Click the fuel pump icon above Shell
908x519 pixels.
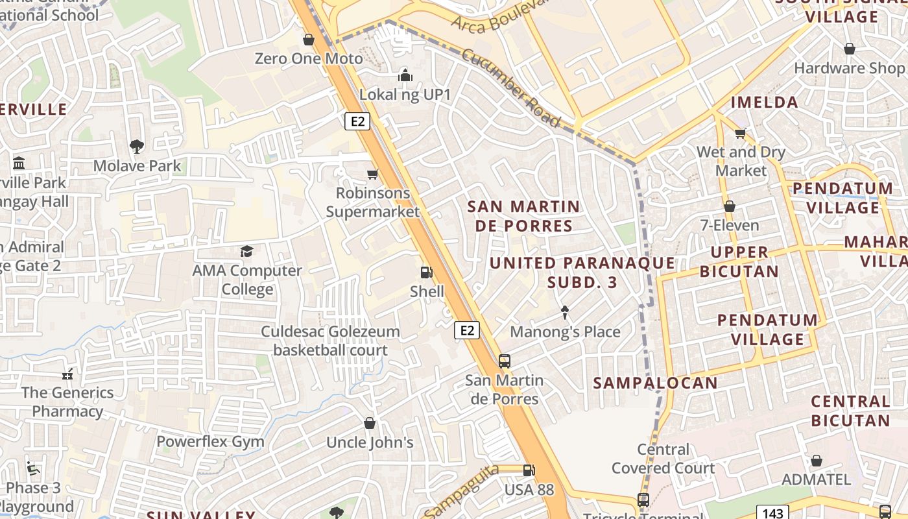[x=426, y=273]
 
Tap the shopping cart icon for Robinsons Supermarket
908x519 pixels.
[x=373, y=174]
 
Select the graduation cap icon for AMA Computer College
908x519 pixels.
[x=246, y=251]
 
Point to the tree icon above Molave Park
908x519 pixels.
[x=137, y=147]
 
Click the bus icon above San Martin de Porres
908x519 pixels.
[x=505, y=361]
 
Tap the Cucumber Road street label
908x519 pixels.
[x=511, y=87]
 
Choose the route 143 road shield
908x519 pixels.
[x=772, y=513]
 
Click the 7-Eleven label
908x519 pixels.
[x=730, y=226]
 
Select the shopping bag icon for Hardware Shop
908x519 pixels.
[x=849, y=49]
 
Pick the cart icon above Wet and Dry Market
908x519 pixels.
[x=740, y=133]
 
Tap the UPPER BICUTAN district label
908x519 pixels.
[x=739, y=261]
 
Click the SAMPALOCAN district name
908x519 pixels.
[x=656, y=383]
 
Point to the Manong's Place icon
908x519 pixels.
[x=565, y=313]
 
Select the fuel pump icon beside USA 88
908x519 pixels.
[x=529, y=470]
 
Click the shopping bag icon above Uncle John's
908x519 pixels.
[x=370, y=424]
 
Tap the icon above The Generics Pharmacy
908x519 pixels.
[x=67, y=374]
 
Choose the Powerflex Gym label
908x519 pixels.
[x=210, y=442]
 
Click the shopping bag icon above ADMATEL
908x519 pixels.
[x=816, y=461]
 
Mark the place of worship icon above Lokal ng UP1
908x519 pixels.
[x=405, y=75]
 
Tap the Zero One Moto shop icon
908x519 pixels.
[x=309, y=40]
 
